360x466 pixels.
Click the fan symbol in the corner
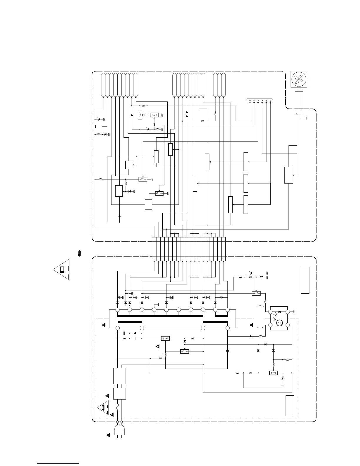[299, 79]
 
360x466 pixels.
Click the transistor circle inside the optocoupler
[279, 324]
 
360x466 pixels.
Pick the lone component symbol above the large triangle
[79, 253]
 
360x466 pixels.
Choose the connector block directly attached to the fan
[299, 102]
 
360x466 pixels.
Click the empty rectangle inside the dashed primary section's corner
[290, 406]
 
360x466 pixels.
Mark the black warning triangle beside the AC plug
[108, 435]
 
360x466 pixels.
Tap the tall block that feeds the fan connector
[289, 175]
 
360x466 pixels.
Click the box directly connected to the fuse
[119, 394]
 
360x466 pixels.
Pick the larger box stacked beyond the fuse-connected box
[119, 376]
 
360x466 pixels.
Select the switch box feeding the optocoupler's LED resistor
[256, 293]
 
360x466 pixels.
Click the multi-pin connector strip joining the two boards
[189, 249]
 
